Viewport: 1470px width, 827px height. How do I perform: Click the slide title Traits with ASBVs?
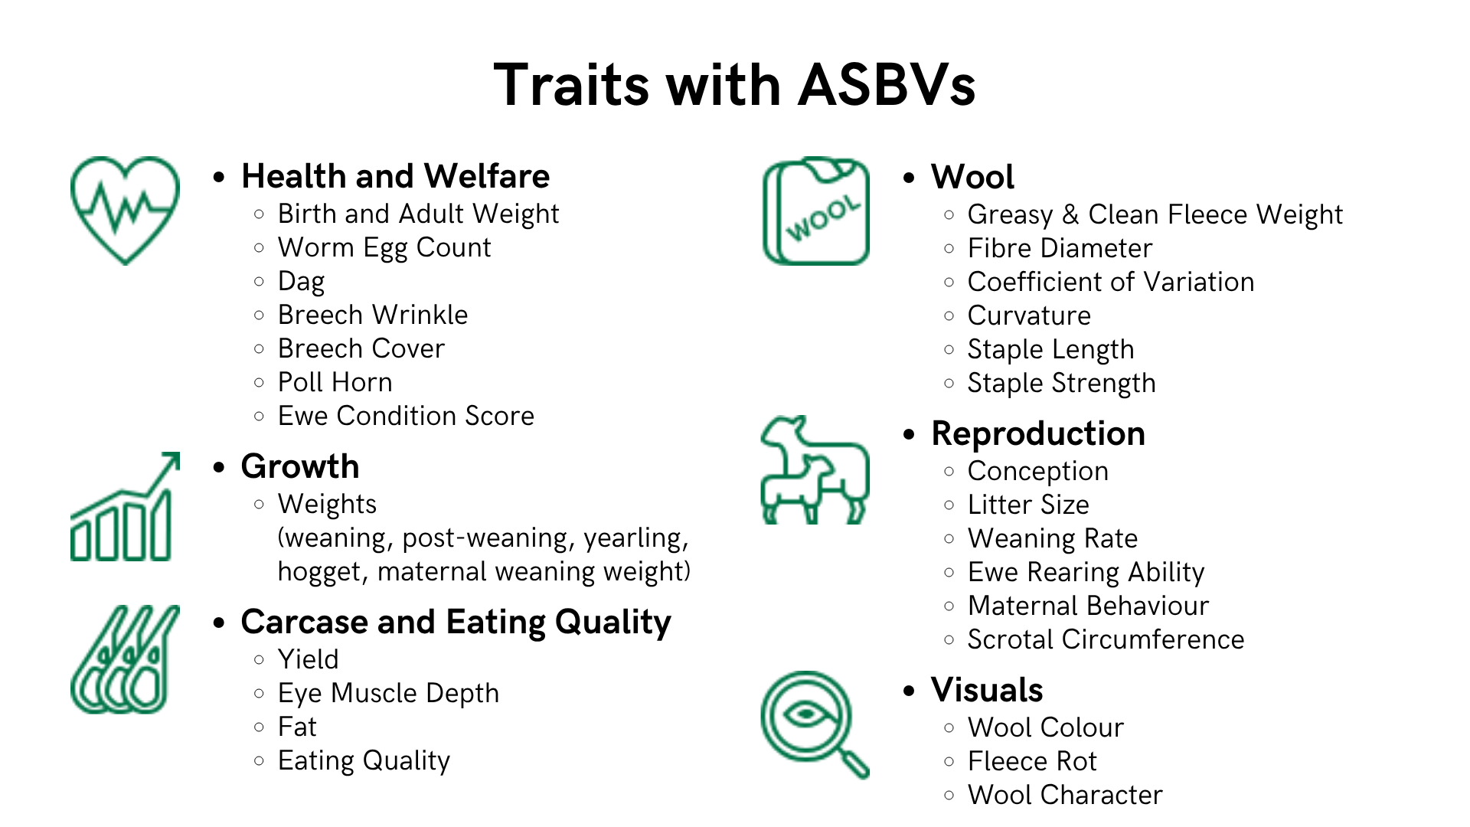[735, 84]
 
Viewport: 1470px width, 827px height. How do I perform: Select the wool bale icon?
[816, 211]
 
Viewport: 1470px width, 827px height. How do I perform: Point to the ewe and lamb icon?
[815, 490]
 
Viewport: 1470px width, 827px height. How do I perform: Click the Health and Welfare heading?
[395, 176]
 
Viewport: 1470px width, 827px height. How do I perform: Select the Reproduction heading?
[1038, 433]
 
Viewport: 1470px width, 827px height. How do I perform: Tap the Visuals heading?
[987, 690]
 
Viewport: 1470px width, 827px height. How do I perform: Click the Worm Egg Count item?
[384, 248]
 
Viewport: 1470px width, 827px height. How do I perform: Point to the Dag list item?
[302, 282]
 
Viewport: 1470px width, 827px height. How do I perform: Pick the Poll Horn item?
[335, 382]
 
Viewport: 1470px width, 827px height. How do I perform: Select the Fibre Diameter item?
[1060, 248]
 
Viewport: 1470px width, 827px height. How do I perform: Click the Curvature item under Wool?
[1029, 315]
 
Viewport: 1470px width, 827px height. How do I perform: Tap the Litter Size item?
[1028, 505]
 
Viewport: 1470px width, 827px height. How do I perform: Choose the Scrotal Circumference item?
[1106, 639]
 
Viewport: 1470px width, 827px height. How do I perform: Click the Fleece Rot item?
[1032, 761]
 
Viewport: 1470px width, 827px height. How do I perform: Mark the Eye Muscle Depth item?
[388, 693]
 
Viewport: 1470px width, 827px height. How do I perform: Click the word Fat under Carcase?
[297, 727]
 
